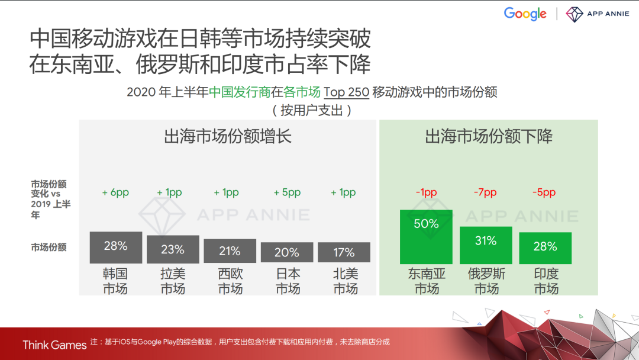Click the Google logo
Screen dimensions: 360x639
525,14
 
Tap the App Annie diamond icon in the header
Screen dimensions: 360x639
575,14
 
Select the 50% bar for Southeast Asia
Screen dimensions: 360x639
426,236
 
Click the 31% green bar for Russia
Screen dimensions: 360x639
486,245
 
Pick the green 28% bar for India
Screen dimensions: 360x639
545,247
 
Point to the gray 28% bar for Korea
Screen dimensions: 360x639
116,247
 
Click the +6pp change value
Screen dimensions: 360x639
115,192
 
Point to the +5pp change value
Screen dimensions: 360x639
287,192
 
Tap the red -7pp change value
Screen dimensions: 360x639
485,192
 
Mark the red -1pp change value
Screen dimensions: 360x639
426,192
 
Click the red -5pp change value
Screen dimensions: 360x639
544,192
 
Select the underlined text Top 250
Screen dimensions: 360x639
346,92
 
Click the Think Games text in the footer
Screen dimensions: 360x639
54,345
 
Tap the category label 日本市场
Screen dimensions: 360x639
288,281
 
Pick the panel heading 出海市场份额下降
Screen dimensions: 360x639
489,137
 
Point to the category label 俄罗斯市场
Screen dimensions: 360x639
486,281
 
